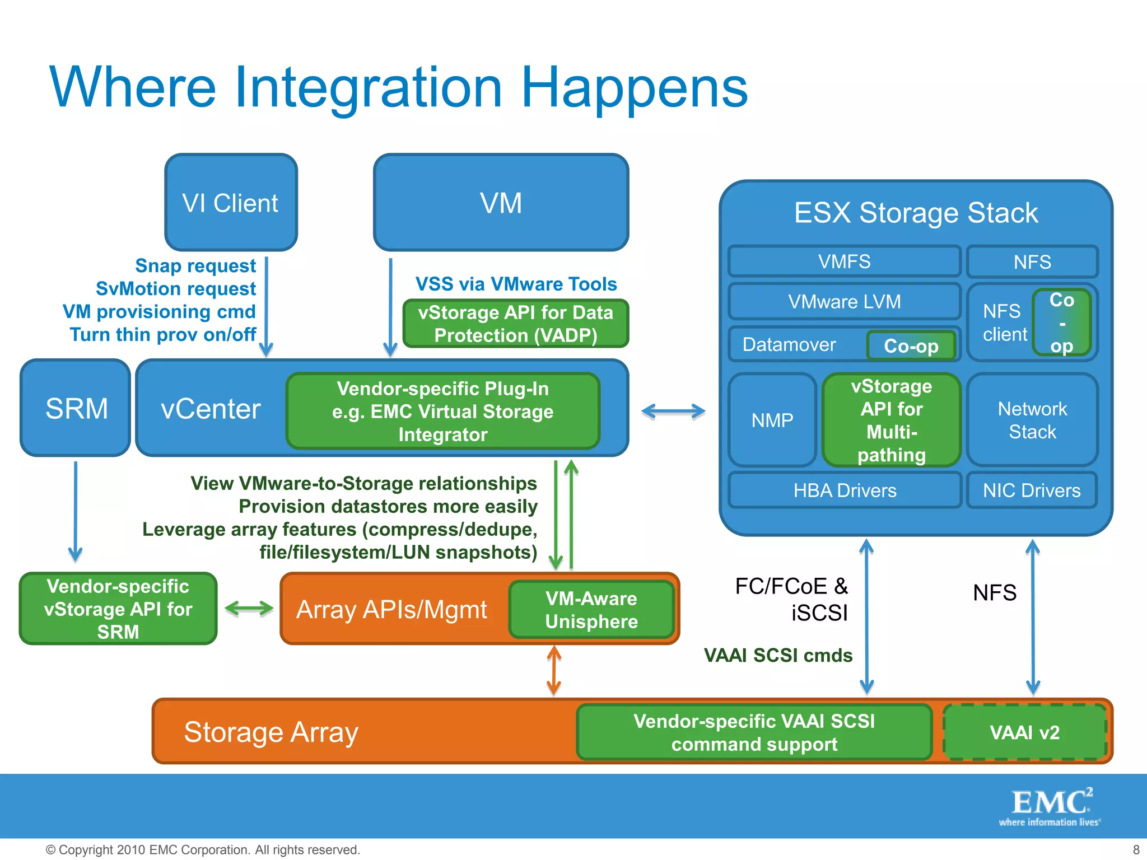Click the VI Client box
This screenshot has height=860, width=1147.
coord(231,203)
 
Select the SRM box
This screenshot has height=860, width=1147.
coord(76,408)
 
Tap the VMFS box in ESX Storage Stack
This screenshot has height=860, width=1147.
coord(844,261)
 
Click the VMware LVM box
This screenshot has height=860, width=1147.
coord(844,302)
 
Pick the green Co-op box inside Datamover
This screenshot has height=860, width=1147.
coord(911,346)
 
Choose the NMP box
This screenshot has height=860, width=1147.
coord(772,420)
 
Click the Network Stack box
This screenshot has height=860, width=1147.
coord(1032,420)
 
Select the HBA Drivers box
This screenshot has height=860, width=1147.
coord(845,490)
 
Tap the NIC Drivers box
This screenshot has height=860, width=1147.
coord(1032,490)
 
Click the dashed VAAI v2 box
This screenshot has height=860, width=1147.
coord(1024,732)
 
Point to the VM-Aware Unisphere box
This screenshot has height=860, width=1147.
coord(591,610)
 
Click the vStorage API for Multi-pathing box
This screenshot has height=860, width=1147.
coord(891,420)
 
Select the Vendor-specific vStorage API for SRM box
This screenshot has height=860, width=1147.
coord(118,609)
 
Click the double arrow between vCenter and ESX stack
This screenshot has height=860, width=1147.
coord(673,412)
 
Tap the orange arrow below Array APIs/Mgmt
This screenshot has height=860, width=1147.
coord(554,670)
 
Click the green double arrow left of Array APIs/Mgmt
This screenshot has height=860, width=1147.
coord(249,609)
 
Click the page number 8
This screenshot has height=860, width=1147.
coord(1136,849)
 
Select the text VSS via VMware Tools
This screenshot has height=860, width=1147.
coord(516,284)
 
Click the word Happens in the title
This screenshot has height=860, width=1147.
coord(634,88)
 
